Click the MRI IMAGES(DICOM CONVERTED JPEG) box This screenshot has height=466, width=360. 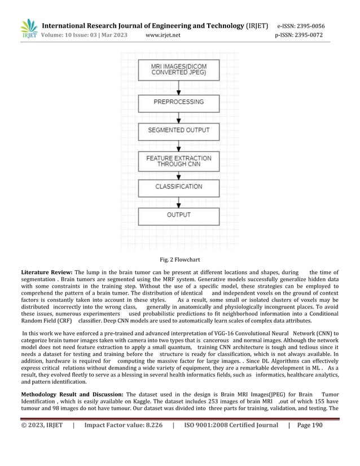[178, 70]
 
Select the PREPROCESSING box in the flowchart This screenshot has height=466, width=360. [178, 102]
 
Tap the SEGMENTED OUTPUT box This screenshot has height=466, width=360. [178, 130]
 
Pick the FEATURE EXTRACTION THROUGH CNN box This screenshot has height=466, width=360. [178, 161]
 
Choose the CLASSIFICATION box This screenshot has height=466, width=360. [178, 187]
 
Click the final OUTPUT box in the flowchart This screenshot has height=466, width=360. [178, 215]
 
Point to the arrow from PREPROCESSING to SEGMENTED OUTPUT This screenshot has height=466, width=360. [179, 117]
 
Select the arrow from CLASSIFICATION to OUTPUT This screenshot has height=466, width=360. [179, 201]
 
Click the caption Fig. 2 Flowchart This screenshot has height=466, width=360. [180, 259]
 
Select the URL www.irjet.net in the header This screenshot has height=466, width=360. [163, 35]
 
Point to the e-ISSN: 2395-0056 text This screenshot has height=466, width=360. [301, 26]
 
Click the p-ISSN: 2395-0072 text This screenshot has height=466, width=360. [299, 35]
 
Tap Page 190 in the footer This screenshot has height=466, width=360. [309, 425]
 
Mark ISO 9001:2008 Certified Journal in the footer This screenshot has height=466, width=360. [231, 425]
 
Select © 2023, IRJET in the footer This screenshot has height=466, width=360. [42, 425]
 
